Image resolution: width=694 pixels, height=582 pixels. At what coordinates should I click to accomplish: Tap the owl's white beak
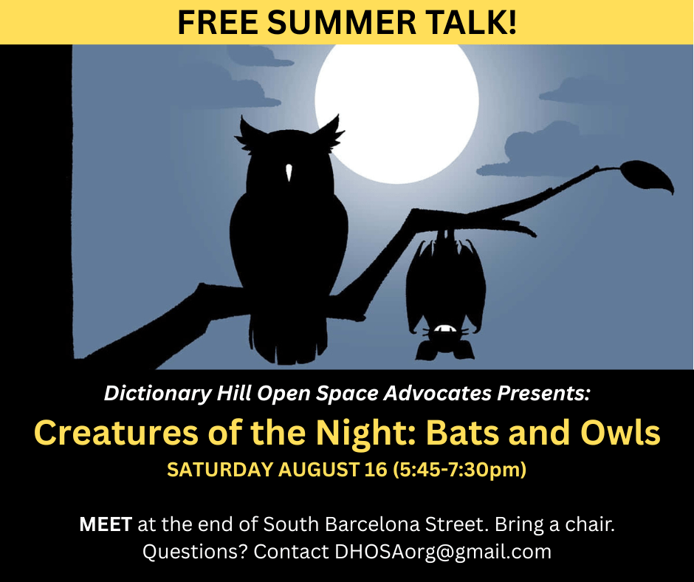coord(289,172)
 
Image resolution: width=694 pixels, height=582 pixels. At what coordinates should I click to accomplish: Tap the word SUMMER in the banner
coord(342,22)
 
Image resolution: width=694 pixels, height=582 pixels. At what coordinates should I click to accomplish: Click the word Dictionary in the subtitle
coord(157,394)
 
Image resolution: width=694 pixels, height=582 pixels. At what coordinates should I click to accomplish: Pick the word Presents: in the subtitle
coord(543,393)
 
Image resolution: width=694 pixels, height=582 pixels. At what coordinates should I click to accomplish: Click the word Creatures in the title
coord(116,433)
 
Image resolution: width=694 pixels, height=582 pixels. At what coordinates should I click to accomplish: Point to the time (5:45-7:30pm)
coord(460,470)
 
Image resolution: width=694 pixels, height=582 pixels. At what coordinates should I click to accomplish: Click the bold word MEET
coord(106,524)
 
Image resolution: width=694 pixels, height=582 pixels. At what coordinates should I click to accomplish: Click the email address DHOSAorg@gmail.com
coord(443,552)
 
